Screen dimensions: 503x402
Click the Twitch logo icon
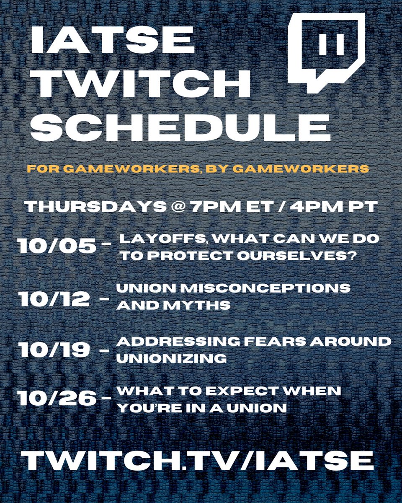tap(326, 50)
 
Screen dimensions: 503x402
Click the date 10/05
tap(56, 246)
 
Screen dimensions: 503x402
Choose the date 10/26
tap(56, 399)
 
